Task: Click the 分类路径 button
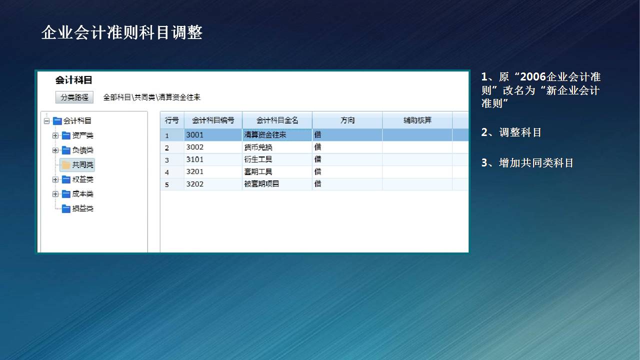(x=74, y=97)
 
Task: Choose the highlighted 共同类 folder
(x=77, y=165)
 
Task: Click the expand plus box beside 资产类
(x=55, y=135)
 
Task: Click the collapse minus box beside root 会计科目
(x=47, y=121)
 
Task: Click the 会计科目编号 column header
(x=213, y=120)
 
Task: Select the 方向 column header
(x=347, y=120)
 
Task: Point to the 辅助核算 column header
(x=417, y=120)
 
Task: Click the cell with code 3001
(x=213, y=135)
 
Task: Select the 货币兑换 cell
(x=277, y=147)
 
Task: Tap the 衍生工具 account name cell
(x=277, y=159)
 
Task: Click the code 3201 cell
(x=213, y=171)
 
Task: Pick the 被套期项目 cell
(x=277, y=184)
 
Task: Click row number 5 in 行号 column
(x=167, y=184)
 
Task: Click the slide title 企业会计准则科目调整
(x=122, y=32)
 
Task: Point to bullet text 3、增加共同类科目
(x=527, y=163)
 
